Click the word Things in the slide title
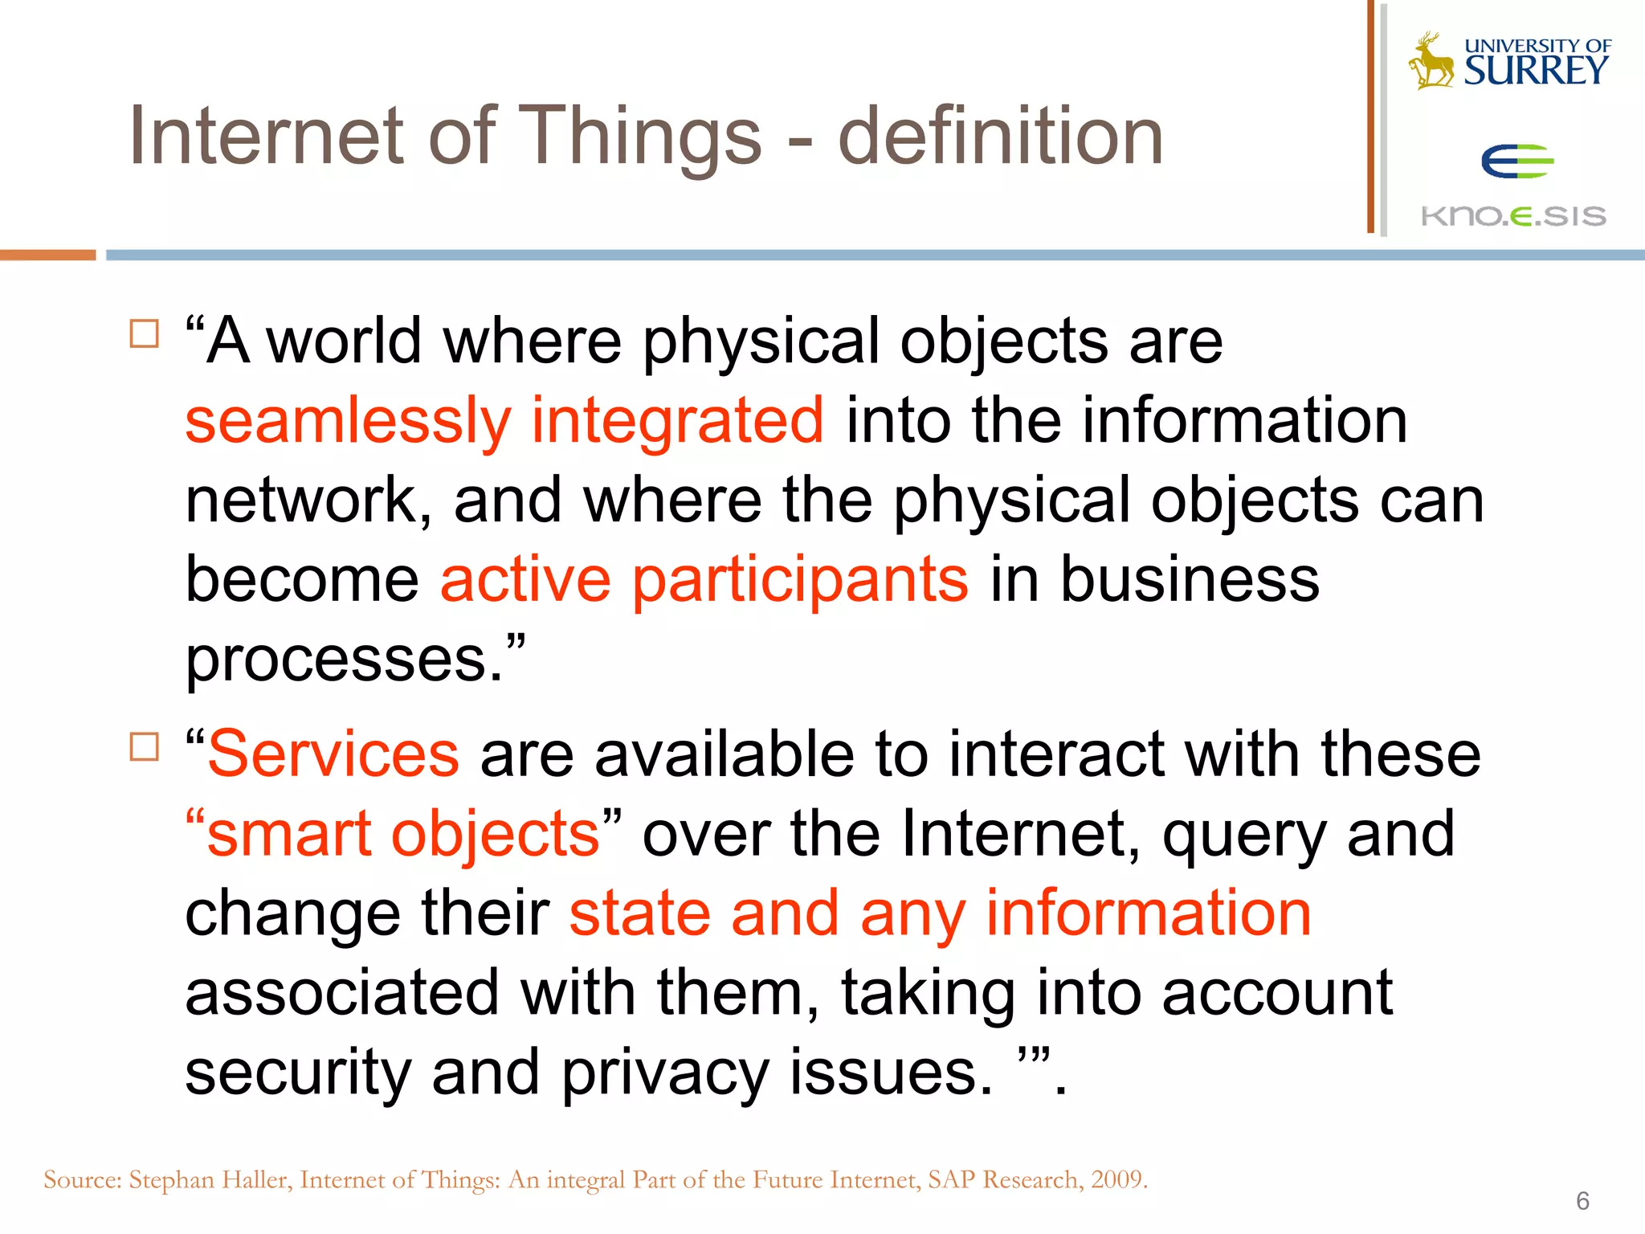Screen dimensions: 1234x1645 (643, 138)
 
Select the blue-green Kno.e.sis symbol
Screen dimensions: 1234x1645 (1516, 161)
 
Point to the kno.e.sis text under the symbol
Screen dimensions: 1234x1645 (1513, 216)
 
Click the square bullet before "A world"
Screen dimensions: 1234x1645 (144, 333)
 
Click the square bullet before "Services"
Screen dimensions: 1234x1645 (144, 746)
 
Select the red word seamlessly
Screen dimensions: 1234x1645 (348, 421)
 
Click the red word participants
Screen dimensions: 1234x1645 (800, 580)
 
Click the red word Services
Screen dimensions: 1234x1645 (333, 754)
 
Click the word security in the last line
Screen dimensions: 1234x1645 (297, 1072)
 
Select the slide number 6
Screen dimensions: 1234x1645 (1582, 1201)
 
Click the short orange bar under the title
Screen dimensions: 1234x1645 (47, 255)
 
